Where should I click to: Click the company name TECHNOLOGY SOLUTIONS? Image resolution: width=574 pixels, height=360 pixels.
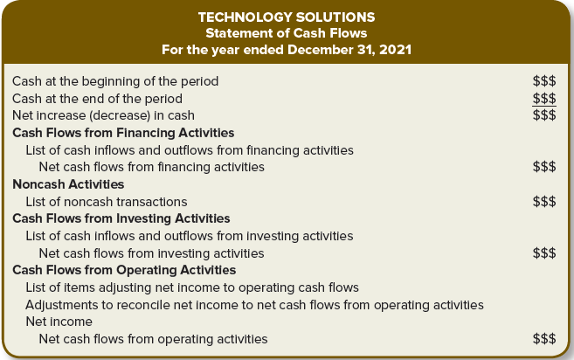tap(287, 17)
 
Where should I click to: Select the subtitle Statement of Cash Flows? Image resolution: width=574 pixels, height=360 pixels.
tap(287, 33)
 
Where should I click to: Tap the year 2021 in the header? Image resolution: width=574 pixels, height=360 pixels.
tap(396, 50)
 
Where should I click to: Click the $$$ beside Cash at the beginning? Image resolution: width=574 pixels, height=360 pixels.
tap(544, 81)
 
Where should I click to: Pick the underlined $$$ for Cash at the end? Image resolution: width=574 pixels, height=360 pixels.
tap(544, 99)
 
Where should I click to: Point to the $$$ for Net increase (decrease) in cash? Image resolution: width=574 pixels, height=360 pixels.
tap(544, 115)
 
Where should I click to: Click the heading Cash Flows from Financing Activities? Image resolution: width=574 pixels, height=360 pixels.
tap(123, 133)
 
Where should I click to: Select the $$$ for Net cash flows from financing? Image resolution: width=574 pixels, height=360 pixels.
tap(544, 167)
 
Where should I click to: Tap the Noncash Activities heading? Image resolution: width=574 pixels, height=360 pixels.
tap(68, 184)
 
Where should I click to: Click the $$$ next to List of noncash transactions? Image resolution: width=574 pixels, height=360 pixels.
tap(544, 202)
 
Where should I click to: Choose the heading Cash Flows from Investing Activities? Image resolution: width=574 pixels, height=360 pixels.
tap(121, 218)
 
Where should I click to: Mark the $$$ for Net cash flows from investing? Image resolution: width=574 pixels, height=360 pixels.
tap(544, 253)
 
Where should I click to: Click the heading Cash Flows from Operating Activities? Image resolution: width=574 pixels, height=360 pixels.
tap(124, 270)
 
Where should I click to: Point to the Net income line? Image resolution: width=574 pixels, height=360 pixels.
tap(59, 322)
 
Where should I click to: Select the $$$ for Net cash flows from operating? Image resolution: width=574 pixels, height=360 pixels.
tap(544, 339)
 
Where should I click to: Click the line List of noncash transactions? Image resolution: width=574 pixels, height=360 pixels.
tap(107, 202)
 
